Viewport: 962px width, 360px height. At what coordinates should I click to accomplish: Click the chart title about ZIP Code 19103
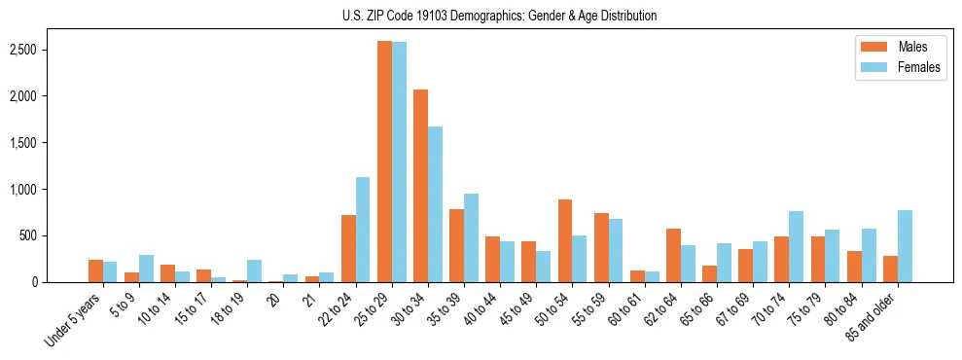(x=499, y=16)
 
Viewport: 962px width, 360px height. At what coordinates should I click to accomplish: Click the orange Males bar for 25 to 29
(x=384, y=162)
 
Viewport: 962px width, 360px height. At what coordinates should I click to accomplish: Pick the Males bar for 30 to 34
(x=420, y=186)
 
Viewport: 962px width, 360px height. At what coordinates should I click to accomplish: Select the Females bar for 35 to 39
(x=471, y=237)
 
